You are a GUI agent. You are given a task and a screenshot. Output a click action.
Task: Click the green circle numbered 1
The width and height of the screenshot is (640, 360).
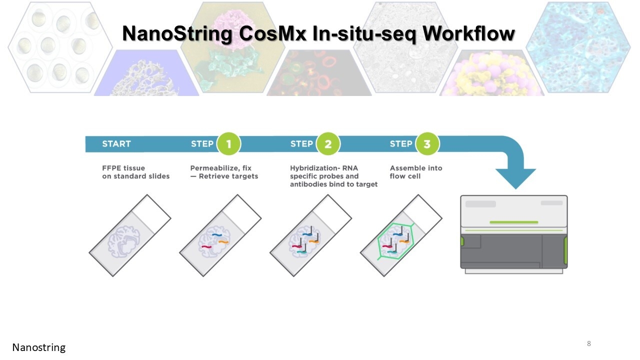228,143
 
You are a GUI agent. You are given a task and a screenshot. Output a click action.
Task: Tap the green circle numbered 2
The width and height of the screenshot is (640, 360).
328,143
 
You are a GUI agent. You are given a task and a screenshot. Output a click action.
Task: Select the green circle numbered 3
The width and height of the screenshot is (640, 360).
427,143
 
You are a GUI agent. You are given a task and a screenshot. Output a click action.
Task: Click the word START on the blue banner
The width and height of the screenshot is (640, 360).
116,143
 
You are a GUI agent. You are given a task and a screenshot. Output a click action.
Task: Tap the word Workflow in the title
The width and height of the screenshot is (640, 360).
469,33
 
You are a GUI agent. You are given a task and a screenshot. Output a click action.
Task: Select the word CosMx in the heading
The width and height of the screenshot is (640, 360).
272,33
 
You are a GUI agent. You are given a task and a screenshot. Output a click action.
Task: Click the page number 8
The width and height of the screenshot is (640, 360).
589,343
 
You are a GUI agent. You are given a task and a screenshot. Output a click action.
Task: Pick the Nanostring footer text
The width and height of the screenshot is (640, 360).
39,347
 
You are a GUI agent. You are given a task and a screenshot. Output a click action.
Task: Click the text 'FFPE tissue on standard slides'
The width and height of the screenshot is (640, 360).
135,172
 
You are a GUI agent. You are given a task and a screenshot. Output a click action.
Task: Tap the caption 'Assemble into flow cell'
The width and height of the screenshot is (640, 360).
416,172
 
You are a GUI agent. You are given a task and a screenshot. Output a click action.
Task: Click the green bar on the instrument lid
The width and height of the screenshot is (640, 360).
513,222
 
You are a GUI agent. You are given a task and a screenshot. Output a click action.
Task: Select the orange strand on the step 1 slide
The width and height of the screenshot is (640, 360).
223,242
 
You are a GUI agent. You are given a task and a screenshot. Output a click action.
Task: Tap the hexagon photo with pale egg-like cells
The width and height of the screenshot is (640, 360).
59,47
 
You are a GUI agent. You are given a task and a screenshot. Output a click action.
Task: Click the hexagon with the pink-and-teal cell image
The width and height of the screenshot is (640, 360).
233,47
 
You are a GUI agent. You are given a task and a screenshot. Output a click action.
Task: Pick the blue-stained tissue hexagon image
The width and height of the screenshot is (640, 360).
578,47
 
